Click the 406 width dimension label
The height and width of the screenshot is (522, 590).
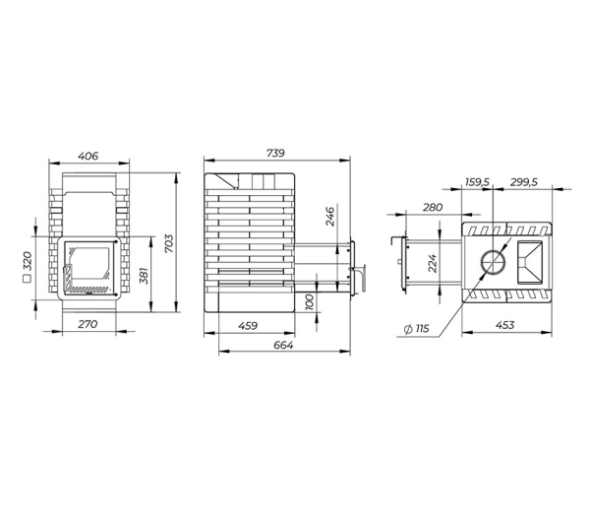coord(88,156)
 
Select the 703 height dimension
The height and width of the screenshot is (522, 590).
coord(169,243)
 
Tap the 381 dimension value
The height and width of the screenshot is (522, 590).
coord(145,276)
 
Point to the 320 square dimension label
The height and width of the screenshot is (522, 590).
coord(28,261)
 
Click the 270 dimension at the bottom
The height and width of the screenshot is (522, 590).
coord(88,324)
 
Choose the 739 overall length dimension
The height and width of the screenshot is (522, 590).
coord(275,153)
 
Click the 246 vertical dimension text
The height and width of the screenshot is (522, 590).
coord(330,217)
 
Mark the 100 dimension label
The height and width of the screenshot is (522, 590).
coord(309,302)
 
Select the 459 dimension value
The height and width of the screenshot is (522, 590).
coord(248,325)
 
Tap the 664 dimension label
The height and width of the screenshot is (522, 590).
coord(283,345)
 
